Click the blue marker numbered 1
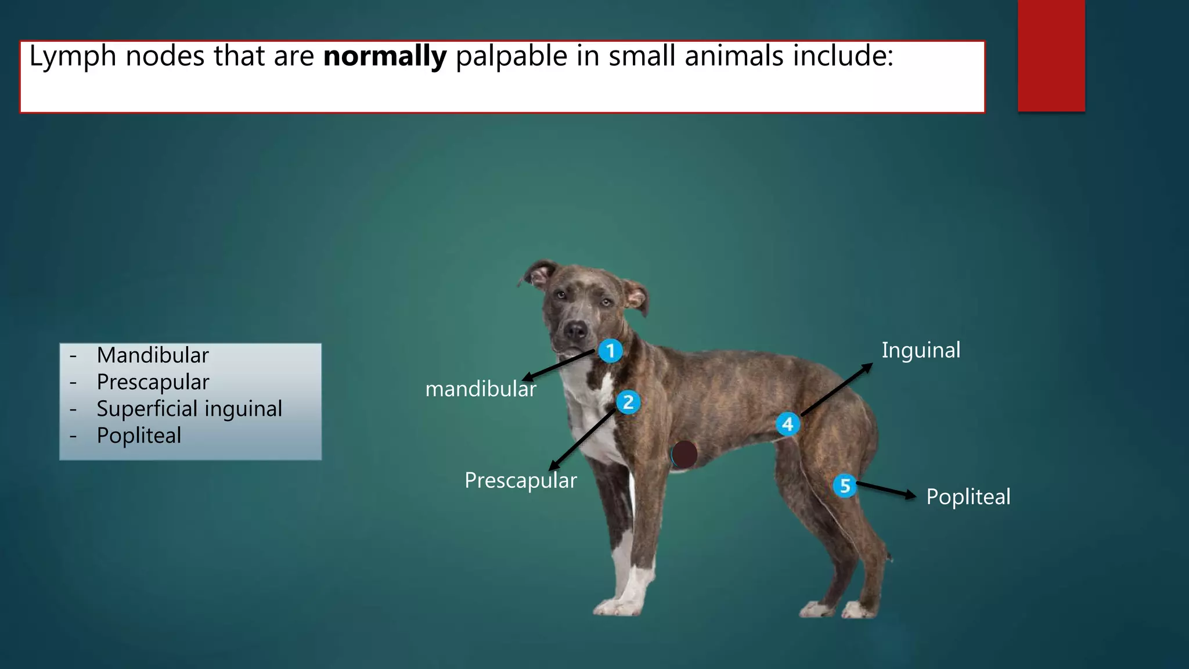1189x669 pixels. [610, 351]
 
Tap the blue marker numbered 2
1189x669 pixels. [628, 402]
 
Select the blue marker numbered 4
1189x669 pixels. [788, 425]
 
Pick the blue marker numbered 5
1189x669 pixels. [845, 485]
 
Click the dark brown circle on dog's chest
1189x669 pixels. [684, 455]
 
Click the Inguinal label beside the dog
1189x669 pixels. [921, 350]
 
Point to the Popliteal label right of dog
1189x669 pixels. [968, 497]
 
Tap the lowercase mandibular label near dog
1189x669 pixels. [480, 389]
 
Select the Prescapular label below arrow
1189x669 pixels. [520, 480]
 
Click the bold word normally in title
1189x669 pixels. [384, 56]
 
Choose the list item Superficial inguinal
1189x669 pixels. [189, 409]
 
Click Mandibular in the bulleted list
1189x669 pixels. [153, 355]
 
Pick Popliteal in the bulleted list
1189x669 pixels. [139, 436]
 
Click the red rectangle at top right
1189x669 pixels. [1051, 56]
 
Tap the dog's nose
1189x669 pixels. [576, 330]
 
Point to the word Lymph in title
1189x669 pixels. [73, 56]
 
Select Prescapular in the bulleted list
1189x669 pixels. [153, 382]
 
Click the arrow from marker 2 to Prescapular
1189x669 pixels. [582, 440]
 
